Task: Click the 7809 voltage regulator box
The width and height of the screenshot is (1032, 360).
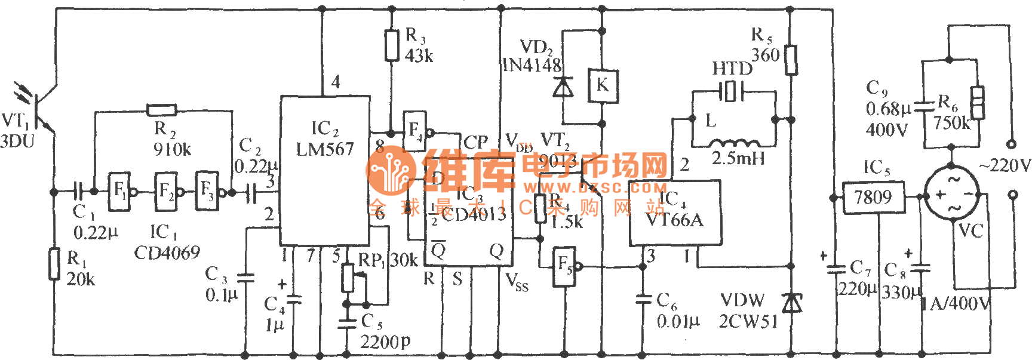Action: [x=873, y=198]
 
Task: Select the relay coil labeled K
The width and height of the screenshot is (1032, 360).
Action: [x=602, y=85]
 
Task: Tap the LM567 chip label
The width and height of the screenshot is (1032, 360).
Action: [x=325, y=149]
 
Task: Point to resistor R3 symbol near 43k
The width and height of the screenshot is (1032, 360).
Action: [x=392, y=45]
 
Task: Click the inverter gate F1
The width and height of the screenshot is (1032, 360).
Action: [x=119, y=192]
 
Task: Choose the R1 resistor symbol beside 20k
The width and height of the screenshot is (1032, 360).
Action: [x=54, y=264]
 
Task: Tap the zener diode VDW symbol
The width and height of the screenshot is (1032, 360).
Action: [x=791, y=303]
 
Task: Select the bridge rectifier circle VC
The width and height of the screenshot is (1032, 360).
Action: [x=951, y=195]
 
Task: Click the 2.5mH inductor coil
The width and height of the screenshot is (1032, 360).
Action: [x=735, y=144]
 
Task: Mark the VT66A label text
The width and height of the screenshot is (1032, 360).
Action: [x=675, y=220]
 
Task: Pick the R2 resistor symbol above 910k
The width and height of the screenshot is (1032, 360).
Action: [x=162, y=110]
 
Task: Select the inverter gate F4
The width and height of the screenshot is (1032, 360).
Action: [x=414, y=131]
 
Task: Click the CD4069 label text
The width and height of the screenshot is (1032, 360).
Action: [x=167, y=253]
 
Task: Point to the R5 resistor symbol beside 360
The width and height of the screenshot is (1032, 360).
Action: [x=791, y=60]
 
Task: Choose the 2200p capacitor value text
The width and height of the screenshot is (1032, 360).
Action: [x=385, y=342]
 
